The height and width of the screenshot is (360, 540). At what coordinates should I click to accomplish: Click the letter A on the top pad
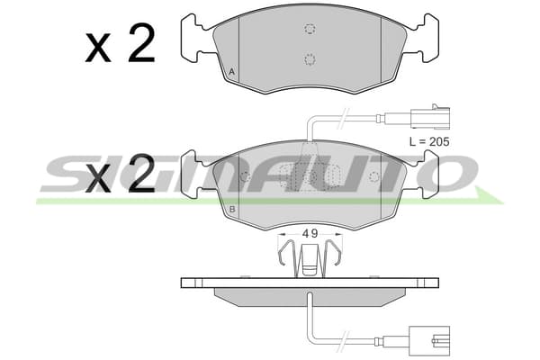(232, 72)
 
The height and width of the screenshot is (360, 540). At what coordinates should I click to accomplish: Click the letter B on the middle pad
(232, 209)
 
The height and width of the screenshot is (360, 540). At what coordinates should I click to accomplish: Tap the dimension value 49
(310, 234)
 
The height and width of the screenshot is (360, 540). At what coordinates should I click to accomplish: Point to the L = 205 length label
(429, 141)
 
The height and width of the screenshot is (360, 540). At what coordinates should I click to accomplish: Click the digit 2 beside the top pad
(141, 42)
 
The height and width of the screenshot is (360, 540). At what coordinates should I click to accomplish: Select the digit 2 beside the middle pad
(141, 173)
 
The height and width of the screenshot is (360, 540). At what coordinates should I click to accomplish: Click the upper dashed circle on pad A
(310, 29)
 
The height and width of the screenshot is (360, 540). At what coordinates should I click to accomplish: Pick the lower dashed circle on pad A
(310, 59)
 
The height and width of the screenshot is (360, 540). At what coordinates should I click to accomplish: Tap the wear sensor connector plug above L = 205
(430, 117)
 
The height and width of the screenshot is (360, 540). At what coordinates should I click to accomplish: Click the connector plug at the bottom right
(429, 340)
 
